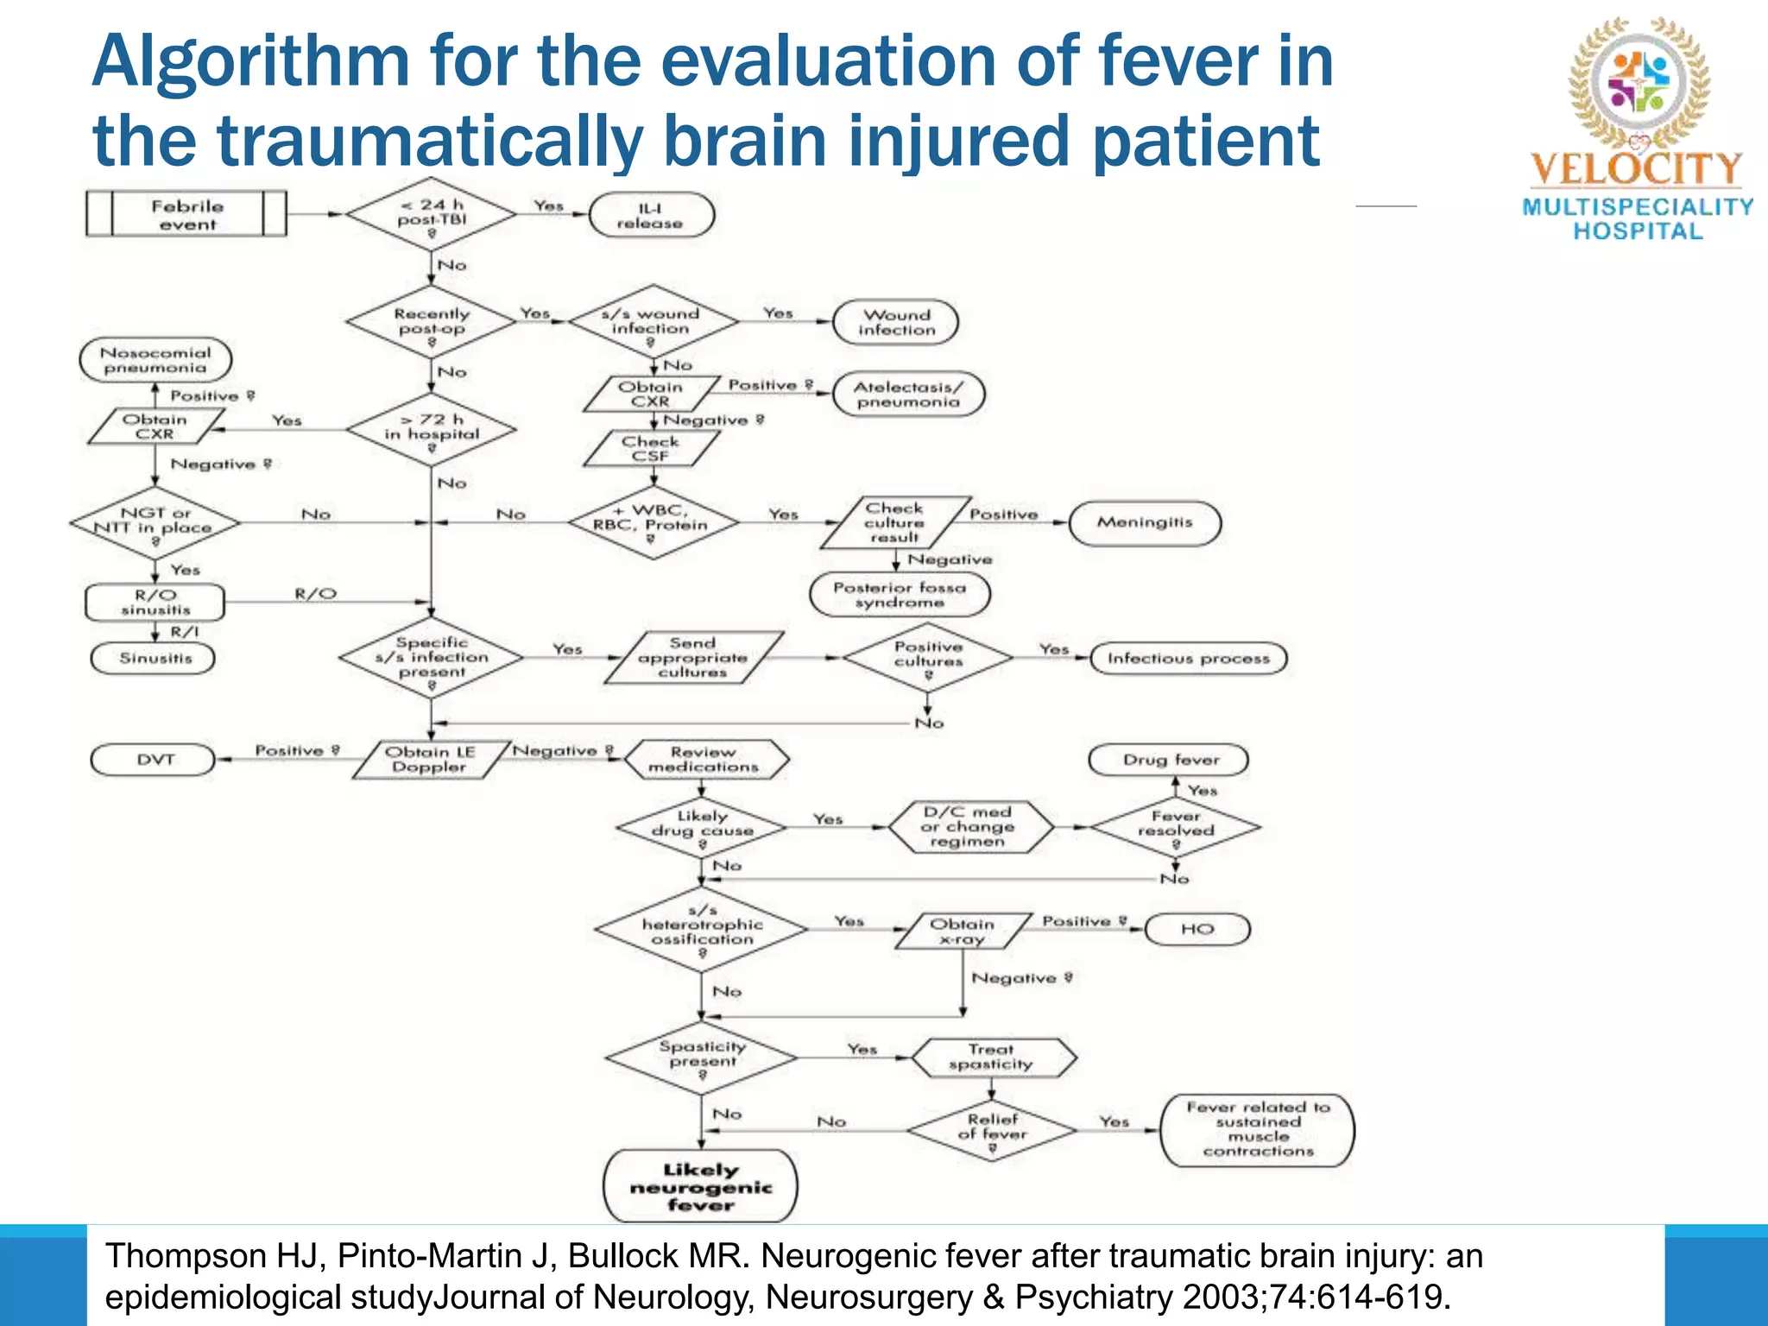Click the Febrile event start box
tap(186, 214)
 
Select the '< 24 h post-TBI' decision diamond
tap(431, 216)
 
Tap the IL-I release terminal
tap(651, 215)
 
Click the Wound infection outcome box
tap(895, 322)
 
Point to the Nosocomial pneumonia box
tap(155, 360)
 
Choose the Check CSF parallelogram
tap(651, 448)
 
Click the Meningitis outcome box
tap(1145, 522)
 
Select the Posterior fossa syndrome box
tap(900, 595)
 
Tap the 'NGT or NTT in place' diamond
tap(155, 523)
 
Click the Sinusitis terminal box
tap(153, 658)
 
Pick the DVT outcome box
tap(153, 760)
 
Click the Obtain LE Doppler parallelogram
tap(429, 760)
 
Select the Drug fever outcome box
tap(1170, 760)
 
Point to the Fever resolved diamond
tap(1175, 826)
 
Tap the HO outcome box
tap(1197, 930)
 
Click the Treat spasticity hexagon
tap(993, 1057)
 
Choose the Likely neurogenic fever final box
tap(700, 1186)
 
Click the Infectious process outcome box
tap(1188, 658)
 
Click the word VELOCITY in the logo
tap(1636, 168)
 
